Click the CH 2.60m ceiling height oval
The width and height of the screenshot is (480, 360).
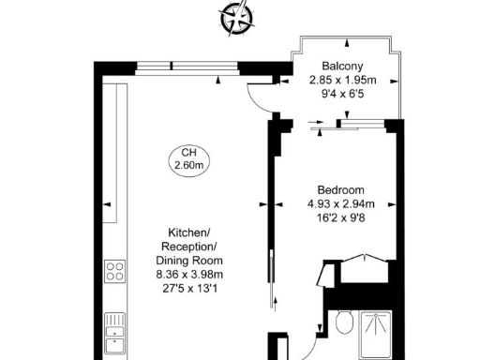(188, 159)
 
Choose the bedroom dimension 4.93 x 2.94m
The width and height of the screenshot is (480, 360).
(340, 203)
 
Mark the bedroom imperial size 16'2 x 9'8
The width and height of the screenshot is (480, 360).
(340, 217)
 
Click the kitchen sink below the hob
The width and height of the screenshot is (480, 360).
(115, 325)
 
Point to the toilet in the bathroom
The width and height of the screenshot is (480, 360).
(345, 324)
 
